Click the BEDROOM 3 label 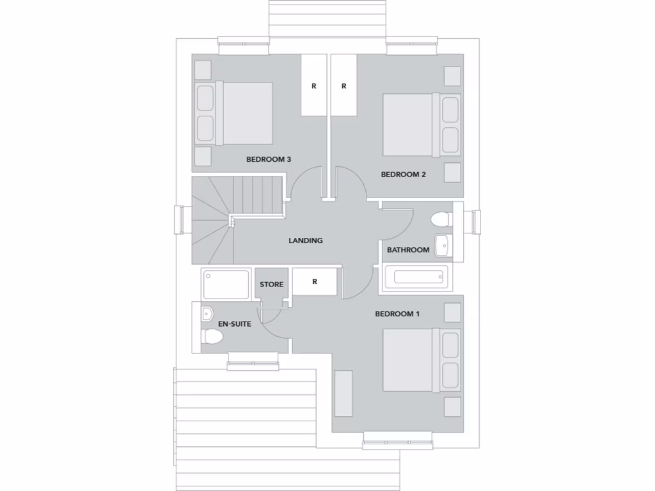point(269,159)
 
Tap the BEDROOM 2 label point(403,174)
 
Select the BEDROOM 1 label point(397,314)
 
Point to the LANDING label point(306,241)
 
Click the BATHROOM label point(408,250)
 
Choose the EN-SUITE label point(235,324)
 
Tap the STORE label point(271,284)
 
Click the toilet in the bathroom point(441,220)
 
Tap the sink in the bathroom point(442,245)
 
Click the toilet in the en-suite point(212,338)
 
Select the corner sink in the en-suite point(207,314)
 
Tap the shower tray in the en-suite point(225,284)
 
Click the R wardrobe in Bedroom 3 point(313,86)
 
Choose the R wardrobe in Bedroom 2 point(343,86)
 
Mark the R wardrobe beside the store point(315,282)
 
